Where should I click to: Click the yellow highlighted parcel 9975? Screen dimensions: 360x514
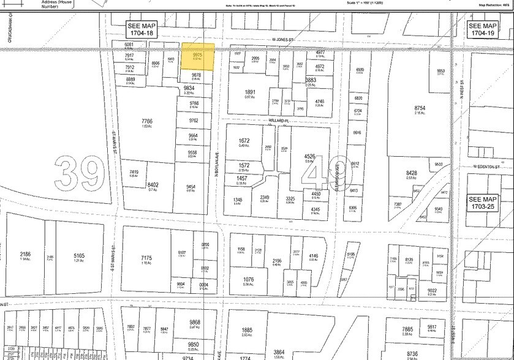197,57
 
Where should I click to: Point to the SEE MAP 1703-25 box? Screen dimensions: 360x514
483,203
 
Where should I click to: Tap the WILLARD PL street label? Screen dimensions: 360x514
278,121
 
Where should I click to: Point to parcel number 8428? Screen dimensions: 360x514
411,173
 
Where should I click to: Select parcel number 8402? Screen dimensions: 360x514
153,184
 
